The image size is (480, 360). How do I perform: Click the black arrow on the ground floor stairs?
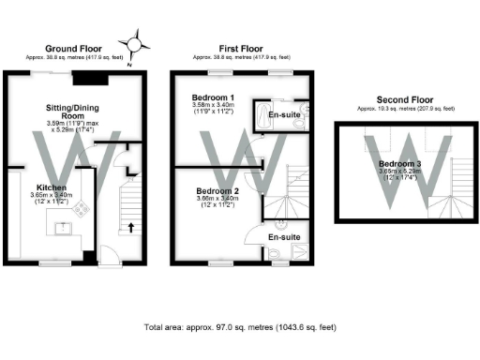(130, 226)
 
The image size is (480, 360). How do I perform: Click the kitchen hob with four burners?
(81, 210)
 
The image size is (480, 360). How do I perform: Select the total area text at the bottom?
(239, 327)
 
